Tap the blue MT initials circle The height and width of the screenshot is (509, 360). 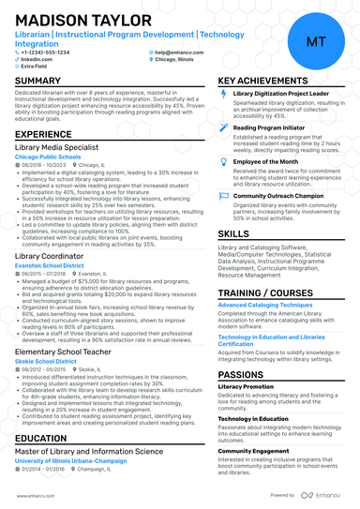pos(316,41)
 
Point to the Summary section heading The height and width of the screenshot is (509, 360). pos(38,82)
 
